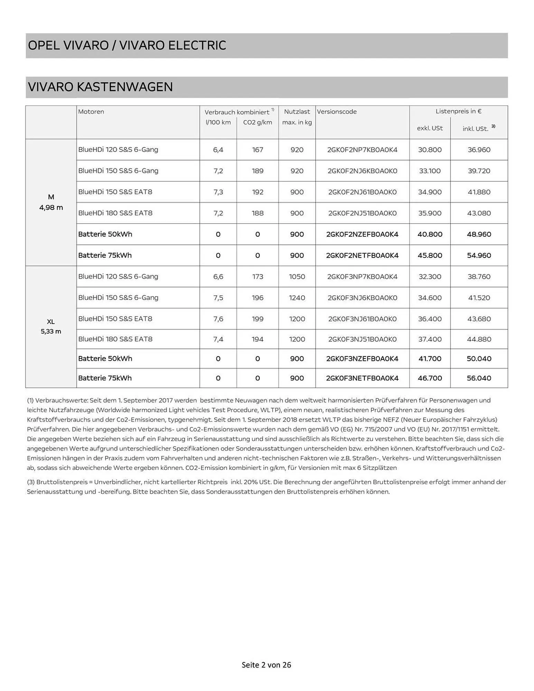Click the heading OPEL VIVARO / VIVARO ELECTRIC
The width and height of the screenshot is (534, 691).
pyautogui.click(x=127, y=46)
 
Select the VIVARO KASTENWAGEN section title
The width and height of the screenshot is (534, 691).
pyautogui.click(x=100, y=87)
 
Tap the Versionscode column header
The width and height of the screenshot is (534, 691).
pyautogui.click(x=337, y=112)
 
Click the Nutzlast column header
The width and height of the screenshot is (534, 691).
pyautogui.click(x=297, y=112)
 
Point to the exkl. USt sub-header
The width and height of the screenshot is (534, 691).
pyautogui.click(x=430, y=128)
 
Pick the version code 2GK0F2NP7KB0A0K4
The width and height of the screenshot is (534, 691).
pyautogui.click(x=362, y=150)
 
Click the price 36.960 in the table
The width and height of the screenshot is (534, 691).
pyautogui.click(x=479, y=150)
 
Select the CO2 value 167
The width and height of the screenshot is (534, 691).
pyautogui.click(x=257, y=150)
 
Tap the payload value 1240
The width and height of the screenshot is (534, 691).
pyautogui.click(x=297, y=298)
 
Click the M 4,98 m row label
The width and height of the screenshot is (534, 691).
pyautogui.click(x=51, y=202)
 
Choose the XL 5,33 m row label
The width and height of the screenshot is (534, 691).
pyautogui.click(x=51, y=326)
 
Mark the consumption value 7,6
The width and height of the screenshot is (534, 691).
pyautogui.click(x=218, y=319)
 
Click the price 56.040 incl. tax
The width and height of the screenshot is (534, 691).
pyautogui.click(x=479, y=378)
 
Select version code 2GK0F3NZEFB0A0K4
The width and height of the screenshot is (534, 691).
pyautogui.click(x=362, y=359)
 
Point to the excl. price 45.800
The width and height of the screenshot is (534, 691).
pyautogui.click(x=430, y=256)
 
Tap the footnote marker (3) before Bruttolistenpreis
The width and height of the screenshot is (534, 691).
pyautogui.click(x=31, y=482)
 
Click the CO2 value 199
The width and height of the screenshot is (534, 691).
pyautogui.click(x=257, y=319)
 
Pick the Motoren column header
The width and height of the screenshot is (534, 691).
pyautogui.click(x=91, y=112)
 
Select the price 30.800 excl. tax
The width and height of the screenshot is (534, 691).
pyautogui.click(x=430, y=150)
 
